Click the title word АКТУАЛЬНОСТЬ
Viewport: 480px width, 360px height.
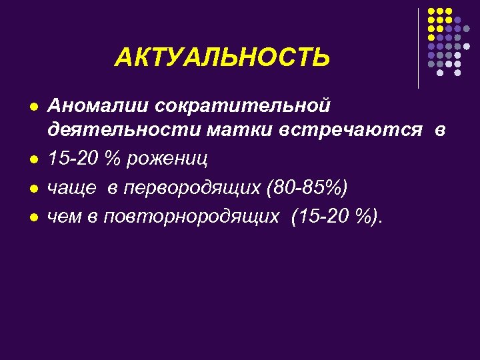(x=222, y=57)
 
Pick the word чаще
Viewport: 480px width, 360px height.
(x=71, y=187)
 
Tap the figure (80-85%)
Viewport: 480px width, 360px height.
(x=307, y=187)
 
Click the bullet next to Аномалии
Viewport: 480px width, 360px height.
(x=32, y=107)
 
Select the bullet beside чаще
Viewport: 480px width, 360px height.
(x=32, y=189)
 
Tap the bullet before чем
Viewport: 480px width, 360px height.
(x=32, y=217)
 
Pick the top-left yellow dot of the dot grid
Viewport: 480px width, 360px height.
(x=431, y=12)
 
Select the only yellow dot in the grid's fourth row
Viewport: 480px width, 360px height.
(x=431, y=38)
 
